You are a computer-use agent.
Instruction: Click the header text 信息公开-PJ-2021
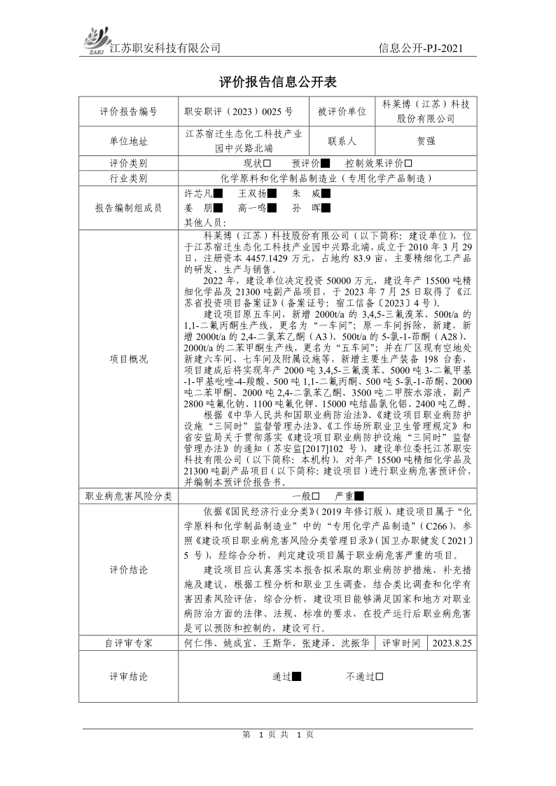[x=420, y=48]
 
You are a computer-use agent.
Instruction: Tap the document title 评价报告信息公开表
[x=278, y=82]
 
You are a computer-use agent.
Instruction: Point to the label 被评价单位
[x=342, y=111]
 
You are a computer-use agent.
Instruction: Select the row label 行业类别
[x=129, y=178]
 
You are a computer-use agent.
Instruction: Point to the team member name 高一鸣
[x=252, y=208]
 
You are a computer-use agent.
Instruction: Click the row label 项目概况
[x=129, y=359]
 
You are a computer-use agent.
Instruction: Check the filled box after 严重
[x=359, y=496]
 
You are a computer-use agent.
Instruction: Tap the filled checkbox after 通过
[x=297, y=677]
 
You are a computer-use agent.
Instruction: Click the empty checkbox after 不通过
[x=379, y=677]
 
